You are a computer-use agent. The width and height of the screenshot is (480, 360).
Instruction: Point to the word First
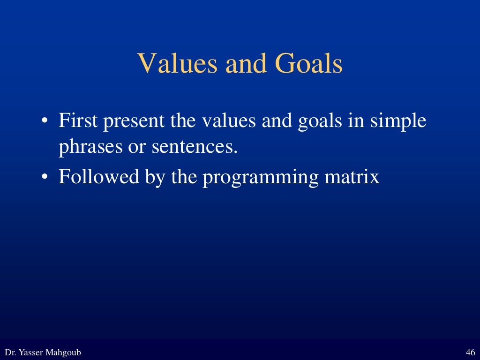point(78,121)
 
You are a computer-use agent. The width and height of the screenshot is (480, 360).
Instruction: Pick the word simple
point(398,122)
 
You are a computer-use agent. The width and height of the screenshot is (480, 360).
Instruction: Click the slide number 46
point(471,352)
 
